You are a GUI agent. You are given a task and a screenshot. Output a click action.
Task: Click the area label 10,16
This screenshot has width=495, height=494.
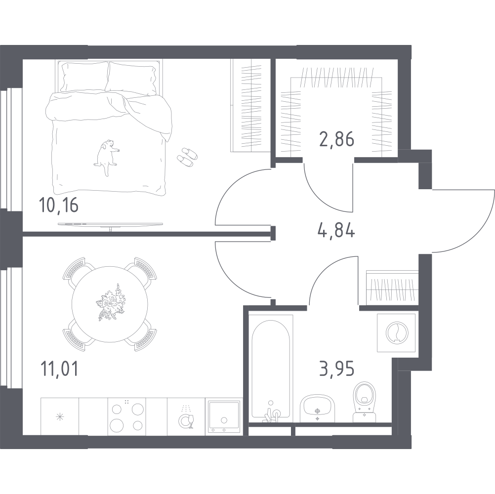58,206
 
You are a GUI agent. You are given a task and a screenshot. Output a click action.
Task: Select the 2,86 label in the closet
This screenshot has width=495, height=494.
336,139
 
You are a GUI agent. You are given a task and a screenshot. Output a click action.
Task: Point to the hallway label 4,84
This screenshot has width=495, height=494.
336,230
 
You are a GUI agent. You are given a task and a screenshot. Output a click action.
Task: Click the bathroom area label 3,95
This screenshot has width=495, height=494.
336,369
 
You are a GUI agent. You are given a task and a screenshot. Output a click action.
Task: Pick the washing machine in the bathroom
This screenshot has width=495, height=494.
397,332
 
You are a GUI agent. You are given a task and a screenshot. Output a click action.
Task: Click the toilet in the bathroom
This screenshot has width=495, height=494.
365,401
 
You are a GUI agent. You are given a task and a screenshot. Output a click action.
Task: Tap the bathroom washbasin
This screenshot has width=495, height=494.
317,409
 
